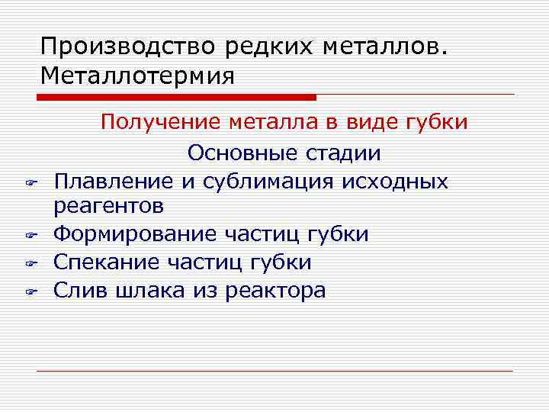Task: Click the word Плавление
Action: [114, 182]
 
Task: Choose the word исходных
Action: [396, 182]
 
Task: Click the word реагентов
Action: [108, 206]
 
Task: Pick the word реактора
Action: [275, 291]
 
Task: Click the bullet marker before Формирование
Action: [32, 235]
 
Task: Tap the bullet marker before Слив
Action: [32, 292]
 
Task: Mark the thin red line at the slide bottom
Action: [274, 371]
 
